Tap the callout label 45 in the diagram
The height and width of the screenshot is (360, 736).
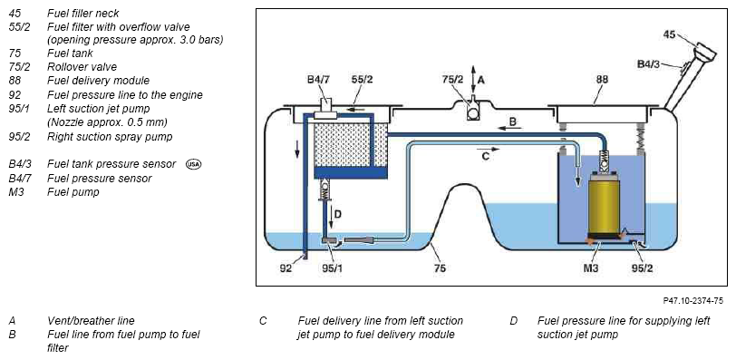pyautogui.click(x=669, y=34)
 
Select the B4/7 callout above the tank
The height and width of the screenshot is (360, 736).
pyautogui.click(x=318, y=79)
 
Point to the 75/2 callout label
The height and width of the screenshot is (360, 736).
pyautogui.click(x=452, y=79)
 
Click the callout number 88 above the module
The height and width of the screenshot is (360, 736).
pyautogui.click(x=602, y=79)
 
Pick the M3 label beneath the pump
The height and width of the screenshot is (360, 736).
pyautogui.click(x=590, y=268)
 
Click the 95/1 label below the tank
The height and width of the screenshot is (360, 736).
pyautogui.click(x=331, y=268)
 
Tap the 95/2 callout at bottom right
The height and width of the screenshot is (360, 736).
pyautogui.click(x=642, y=268)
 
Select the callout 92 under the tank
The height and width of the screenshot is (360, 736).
pyautogui.click(x=286, y=268)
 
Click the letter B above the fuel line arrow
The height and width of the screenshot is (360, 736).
pyautogui.click(x=513, y=122)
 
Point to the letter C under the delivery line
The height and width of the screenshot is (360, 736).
pyautogui.click(x=485, y=156)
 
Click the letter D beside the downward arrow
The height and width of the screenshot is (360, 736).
pyautogui.click(x=337, y=215)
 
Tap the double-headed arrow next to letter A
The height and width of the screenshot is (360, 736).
pyautogui.click(x=472, y=81)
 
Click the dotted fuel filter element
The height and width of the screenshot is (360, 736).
pyautogui.click(x=351, y=144)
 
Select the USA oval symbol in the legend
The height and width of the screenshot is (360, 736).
pyautogui.click(x=193, y=164)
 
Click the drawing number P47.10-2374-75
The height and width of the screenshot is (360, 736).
pyautogui.click(x=693, y=300)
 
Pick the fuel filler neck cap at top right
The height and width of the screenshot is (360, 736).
pyautogui.click(x=704, y=52)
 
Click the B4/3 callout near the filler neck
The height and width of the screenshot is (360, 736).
pyautogui.click(x=649, y=63)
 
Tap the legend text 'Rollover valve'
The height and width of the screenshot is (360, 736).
pyautogui.click(x=82, y=66)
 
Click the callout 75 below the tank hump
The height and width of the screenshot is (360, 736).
pyautogui.click(x=440, y=268)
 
